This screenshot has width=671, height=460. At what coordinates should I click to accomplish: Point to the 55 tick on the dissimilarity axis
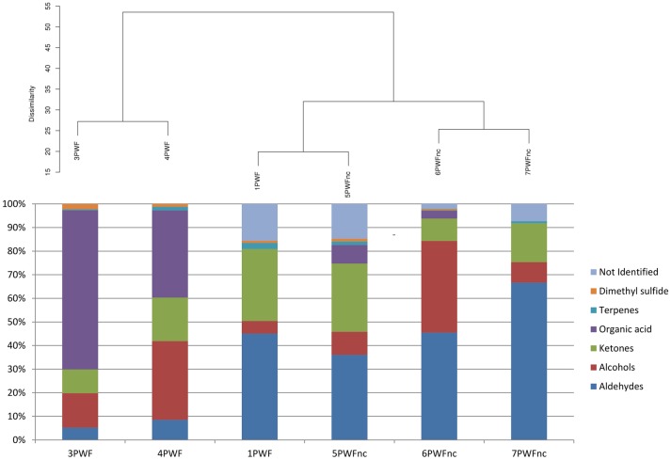pos(46,7)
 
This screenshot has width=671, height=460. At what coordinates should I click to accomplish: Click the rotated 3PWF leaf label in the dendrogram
pos(77,151)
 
